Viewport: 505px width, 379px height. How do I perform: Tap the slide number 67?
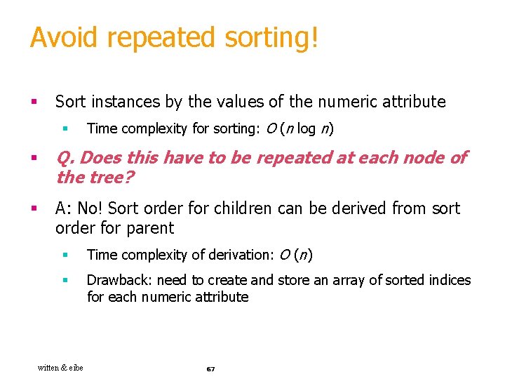coord(210,368)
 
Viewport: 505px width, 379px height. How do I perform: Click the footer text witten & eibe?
coord(60,368)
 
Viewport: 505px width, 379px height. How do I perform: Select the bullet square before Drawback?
coord(65,280)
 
